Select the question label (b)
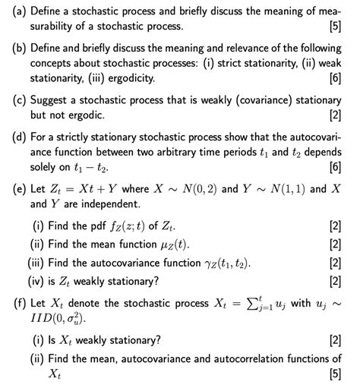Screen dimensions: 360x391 [x=14, y=48]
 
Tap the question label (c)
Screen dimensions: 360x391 [x=14, y=99]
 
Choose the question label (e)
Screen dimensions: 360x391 [x=14, y=188]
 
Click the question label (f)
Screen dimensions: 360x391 [x=14, y=304]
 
